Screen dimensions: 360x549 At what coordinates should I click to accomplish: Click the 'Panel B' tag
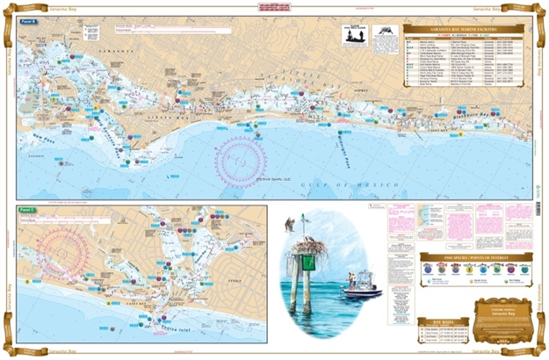pos(29,20)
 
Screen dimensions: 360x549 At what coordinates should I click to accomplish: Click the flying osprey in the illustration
pos(290,224)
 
